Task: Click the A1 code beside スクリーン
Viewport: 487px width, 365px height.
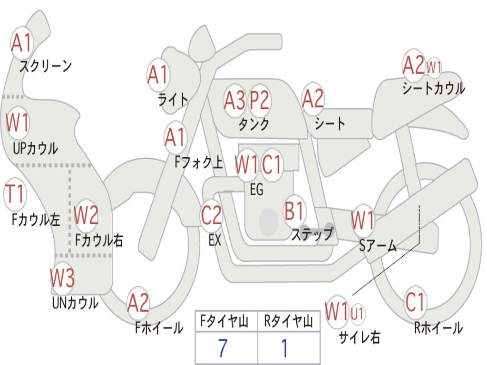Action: click(x=21, y=42)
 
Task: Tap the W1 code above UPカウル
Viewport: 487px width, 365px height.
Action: click(x=18, y=122)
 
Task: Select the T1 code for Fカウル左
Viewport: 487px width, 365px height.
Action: click(x=15, y=193)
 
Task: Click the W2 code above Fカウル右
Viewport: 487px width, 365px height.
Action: click(x=86, y=215)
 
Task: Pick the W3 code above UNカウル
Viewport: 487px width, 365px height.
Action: click(x=62, y=278)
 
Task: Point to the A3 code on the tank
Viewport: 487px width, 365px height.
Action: click(x=234, y=100)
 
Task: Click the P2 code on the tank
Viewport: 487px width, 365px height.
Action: click(x=259, y=100)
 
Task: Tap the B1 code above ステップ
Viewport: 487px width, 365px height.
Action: click(x=294, y=211)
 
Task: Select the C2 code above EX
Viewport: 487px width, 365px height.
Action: click(x=211, y=215)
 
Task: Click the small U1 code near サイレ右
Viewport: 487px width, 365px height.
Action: click(x=357, y=314)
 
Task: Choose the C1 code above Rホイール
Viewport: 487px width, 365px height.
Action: click(x=415, y=302)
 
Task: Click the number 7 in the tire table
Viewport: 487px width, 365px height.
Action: click(x=223, y=348)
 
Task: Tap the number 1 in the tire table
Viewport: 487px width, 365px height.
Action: click(x=284, y=348)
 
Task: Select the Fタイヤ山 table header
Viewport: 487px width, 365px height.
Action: click(x=224, y=321)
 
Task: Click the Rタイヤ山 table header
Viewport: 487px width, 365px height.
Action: click(x=288, y=321)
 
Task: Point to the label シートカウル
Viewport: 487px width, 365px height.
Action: click(x=434, y=88)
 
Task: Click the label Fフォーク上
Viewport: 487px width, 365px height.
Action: click(x=199, y=162)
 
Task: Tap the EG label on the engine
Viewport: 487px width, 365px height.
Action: click(x=257, y=189)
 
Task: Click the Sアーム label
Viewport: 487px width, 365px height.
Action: click(x=378, y=246)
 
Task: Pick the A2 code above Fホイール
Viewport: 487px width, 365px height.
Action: click(x=138, y=303)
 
